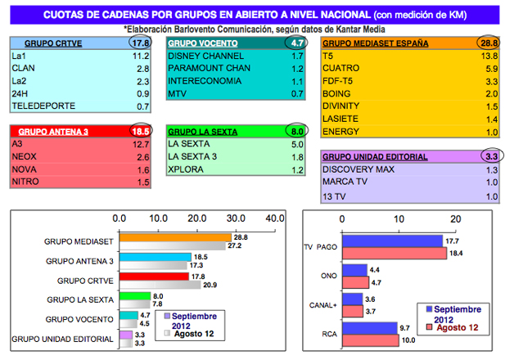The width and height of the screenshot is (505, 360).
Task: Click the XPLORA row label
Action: (187, 170)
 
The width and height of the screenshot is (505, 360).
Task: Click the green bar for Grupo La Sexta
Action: (135, 296)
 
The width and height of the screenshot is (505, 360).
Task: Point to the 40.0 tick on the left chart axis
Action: (273, 218)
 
